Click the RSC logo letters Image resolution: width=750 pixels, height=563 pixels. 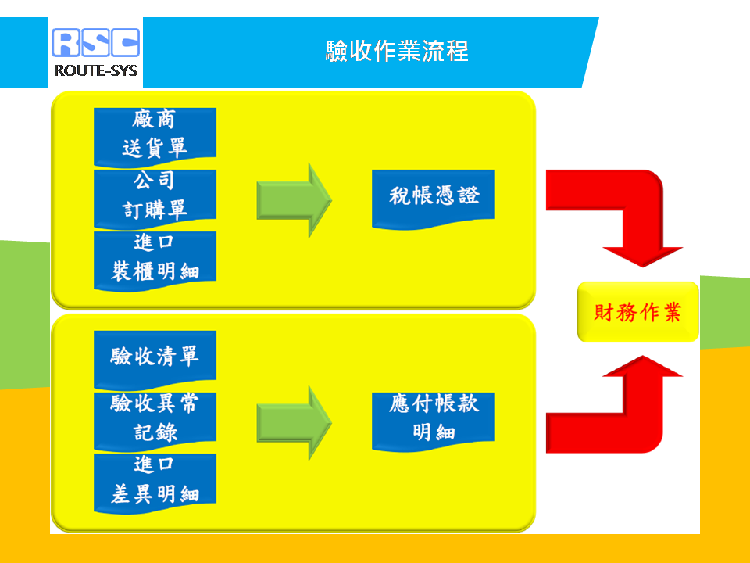[95, 42]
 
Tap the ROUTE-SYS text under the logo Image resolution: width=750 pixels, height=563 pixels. [95, 71]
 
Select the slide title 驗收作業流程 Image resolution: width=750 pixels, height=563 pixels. [397, 51]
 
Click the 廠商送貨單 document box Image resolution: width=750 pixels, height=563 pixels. [155, 136]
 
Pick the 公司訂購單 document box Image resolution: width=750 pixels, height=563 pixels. [155, 199]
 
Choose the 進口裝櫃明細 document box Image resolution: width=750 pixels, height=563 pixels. [155, 260]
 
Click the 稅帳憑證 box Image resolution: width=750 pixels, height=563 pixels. [433, 199]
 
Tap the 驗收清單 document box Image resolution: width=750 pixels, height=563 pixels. [155, 359]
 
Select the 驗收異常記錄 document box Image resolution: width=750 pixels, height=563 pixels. [155, 421]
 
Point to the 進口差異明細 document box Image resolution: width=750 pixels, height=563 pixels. [155, 482]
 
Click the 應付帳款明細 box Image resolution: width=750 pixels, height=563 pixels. [433, 421]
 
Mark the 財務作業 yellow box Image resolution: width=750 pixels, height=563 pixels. [638, 312]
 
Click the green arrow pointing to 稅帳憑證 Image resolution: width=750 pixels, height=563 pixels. [295, 200]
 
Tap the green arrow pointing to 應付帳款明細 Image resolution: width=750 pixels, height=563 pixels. [295, 423]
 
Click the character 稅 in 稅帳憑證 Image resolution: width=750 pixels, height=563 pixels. [400, 195]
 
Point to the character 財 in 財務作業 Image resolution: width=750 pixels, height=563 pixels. [604, 312]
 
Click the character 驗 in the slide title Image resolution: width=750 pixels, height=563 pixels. [337, 51]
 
